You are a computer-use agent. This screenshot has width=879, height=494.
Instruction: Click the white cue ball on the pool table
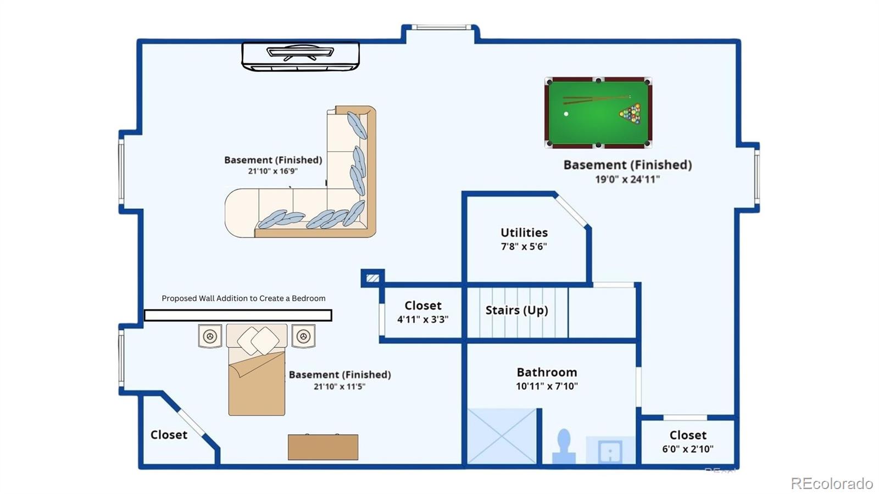[x=566, y=114]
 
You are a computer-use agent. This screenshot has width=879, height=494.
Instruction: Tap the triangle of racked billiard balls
[x=631, y=113]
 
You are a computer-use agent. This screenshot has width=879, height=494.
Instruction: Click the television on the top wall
[x=300, y=57]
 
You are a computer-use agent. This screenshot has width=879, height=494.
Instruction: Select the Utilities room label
[x=524, y=232]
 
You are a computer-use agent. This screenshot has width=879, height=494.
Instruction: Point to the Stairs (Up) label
[x=516, y=310]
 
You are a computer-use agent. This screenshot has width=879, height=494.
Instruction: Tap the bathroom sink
[x=610, y=451]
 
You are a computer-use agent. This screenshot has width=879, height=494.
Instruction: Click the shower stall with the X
[x=502, y=436]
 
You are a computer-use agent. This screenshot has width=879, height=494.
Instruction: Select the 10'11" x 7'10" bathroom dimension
[x=547, y=386]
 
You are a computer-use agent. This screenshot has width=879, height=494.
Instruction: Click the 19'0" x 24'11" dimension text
[x=627, y=179]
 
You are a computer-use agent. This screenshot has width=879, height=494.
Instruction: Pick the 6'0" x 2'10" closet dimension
[x=687, y=449]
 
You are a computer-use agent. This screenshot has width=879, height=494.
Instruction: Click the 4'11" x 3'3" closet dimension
[x=422, y=319]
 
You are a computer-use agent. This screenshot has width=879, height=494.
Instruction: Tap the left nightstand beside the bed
[x=210, y=336]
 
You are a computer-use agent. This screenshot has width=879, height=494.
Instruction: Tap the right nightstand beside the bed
[x=303, y=336]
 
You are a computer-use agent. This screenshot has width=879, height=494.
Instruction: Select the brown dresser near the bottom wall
[x=323, y=447]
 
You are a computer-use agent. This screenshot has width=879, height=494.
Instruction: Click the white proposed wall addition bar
[x=238, y=315]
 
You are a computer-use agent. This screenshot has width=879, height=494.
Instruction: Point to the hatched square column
[x=373, y=278]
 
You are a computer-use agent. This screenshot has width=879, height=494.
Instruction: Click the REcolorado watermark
[x=832, y=483]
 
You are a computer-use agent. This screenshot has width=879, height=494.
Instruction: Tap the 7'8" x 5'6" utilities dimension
[x=524, y=247]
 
